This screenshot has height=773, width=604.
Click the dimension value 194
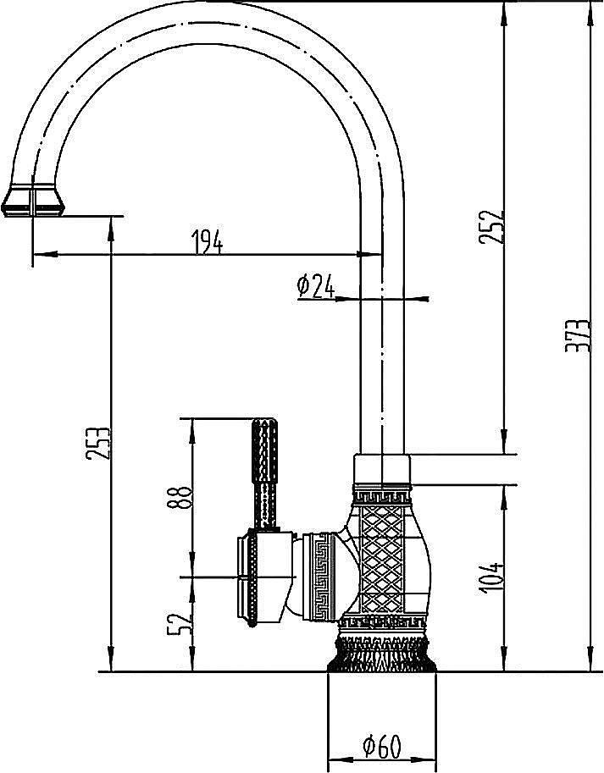click(x=207, y=241)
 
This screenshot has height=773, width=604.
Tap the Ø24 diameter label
click(x=316, y=286)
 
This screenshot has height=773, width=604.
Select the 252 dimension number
click(x=490, y=227)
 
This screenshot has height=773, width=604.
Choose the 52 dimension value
click(x=179, y=624)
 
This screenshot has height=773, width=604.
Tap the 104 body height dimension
click(x=491, y=577)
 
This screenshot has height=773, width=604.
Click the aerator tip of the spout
click(x=33, y=201)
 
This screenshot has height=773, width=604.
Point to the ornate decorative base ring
click(x=382, y=654)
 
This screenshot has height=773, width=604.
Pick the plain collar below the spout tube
click(x=382, y=469)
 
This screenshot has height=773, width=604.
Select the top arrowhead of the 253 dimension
click(x=112, y=229)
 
